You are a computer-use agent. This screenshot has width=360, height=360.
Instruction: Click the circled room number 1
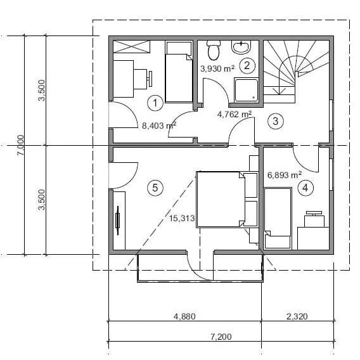(155, 103)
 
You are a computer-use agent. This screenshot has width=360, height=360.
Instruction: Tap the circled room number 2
(247, 66)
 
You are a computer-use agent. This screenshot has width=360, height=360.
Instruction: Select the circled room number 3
(276, 121)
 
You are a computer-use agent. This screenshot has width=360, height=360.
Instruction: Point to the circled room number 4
(305, 188)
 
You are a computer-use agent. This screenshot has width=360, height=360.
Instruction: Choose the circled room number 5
(155, 188)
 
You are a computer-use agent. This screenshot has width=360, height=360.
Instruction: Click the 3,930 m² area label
(217, 68)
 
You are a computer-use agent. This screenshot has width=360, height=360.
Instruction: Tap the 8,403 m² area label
(159, 125)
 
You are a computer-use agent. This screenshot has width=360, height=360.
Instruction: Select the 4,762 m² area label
(235, 114)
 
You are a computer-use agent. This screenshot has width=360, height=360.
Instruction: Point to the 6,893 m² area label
(285, 175)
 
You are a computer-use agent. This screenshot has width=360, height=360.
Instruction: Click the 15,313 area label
(182, 218)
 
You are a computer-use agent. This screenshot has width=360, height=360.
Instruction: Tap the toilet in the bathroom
(214, 50)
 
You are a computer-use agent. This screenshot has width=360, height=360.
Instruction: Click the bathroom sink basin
(241, 47)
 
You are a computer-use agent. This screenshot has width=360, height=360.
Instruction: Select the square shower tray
(246, 90)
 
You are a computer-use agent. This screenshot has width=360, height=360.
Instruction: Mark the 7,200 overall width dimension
(221, 337)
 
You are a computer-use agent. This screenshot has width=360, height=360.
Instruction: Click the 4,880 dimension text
(184, 316)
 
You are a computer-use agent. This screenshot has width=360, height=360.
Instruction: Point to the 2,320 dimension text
(297, 316)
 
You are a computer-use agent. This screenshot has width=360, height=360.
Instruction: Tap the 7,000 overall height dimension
(21, 145)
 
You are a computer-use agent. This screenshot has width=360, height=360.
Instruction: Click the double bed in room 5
(221, 199)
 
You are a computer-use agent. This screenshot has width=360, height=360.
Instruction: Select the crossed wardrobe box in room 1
(131, 47)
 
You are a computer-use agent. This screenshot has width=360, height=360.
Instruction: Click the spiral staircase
(296, 71)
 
